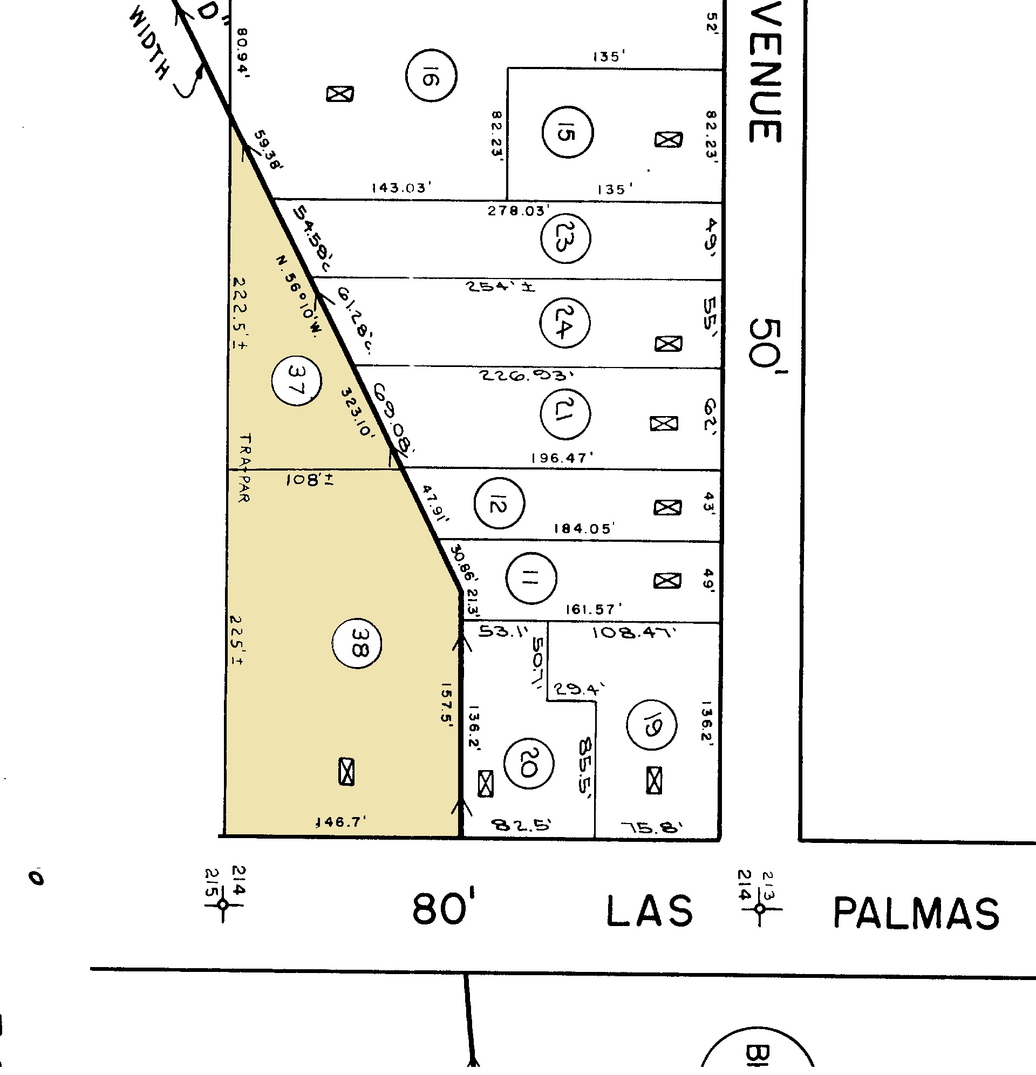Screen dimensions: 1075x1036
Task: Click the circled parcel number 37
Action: coord(297,380)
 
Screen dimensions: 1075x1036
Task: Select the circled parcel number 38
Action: coord(357,643)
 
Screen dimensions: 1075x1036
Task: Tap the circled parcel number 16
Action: coord(431,76)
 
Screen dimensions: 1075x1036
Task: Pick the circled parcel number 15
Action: coord(567,133)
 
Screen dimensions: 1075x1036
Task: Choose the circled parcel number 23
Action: coord(565,239)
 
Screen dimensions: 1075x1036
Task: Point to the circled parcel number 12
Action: coord(499,503)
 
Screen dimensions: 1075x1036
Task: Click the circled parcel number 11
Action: coord(531,578)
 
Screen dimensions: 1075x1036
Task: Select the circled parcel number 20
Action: coord(528,764)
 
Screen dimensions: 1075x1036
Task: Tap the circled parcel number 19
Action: coord(651,725)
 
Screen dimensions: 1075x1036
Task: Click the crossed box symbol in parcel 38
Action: coord(346,772)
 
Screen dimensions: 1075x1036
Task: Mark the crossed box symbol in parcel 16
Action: coord(340,94)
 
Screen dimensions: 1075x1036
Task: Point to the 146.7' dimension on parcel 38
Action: coord(340,821)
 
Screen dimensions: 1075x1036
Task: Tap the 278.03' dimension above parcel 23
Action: coord(517,210)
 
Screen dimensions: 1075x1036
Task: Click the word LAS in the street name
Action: coord(649,911)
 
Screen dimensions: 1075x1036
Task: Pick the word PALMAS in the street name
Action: coord(916,913)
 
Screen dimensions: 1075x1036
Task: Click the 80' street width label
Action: coord(442,909)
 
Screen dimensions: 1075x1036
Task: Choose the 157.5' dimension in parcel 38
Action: coord(446,705)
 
